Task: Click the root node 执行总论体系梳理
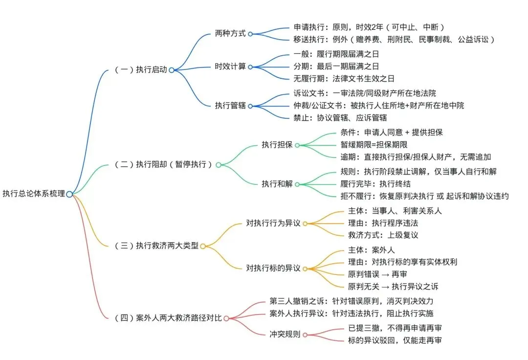pos(33,194)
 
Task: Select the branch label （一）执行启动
pos(141,70)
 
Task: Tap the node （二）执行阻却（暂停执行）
pos(164,165)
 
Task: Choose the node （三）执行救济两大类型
pos(156,246)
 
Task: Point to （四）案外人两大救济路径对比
pos(167,318)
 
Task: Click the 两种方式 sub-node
pos(231,34)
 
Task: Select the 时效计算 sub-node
pos(231,66)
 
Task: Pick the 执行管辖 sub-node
pos(231,105)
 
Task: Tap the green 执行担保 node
pos(277,145)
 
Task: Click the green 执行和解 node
pos(277,184)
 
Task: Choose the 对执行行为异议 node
pos(274,224)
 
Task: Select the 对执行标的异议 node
pos(274,268)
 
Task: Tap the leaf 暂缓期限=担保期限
pos(374,144)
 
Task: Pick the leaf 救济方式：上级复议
pos(383,235)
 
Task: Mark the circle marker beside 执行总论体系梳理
pos(69,194)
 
